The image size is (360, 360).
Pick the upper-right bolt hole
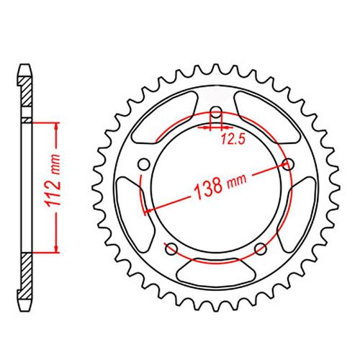coord(290,165)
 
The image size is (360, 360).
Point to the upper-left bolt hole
coord(142,165)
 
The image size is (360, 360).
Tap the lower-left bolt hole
coord(171,249)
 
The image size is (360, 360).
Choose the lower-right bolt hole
coord(261,249)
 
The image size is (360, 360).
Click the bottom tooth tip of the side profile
coord(25,307)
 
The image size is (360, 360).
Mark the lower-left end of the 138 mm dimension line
coord(148,211)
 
